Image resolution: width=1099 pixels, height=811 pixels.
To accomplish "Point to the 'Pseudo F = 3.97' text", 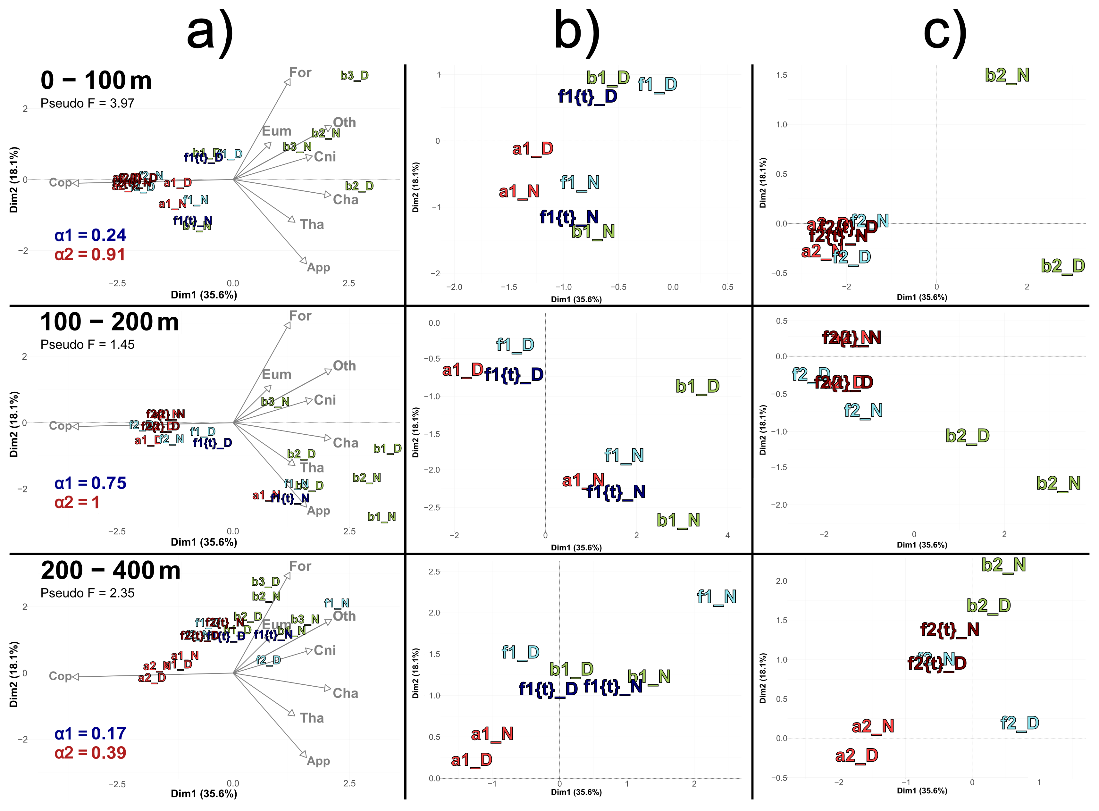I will [88, 103].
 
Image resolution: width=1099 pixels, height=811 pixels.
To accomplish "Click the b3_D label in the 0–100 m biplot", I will [354, 76].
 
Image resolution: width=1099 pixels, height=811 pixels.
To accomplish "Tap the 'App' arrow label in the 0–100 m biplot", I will [319, 268].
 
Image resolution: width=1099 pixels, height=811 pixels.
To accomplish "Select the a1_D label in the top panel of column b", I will [533, 148].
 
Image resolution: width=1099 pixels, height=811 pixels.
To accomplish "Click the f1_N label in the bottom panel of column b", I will [717, 597].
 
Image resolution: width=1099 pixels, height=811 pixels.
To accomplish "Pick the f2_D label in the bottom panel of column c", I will [1019, 723].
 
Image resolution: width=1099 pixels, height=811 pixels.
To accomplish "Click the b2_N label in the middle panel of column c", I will [1058, 484].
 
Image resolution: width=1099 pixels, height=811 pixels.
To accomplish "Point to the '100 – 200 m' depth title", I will [109, 322].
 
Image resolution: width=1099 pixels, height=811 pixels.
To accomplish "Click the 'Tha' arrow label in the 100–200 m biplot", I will [312, 468].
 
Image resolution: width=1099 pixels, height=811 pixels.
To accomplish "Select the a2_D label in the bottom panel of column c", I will [857, 756].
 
